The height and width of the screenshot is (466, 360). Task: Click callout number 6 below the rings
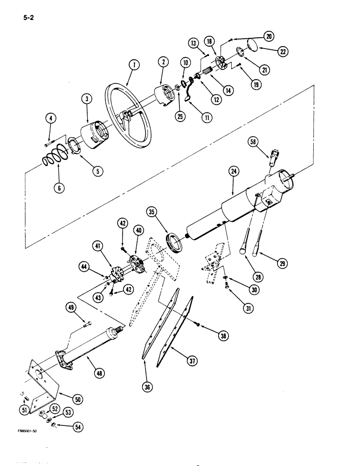coord(60,188)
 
